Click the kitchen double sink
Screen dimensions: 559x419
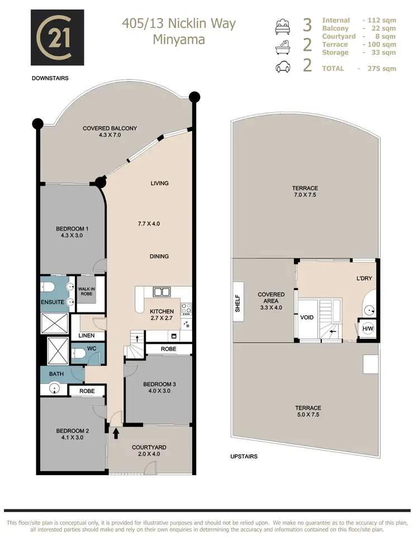coord(161,292)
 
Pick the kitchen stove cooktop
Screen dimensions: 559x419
coord(188,307)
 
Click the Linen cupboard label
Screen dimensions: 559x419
coord(87,335)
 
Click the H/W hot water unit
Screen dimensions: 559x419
coord(368,329)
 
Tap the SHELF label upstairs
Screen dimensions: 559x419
coord(237,305)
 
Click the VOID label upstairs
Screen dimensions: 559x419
coord(307,318)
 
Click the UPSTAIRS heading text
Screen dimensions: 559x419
coord(244,457)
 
